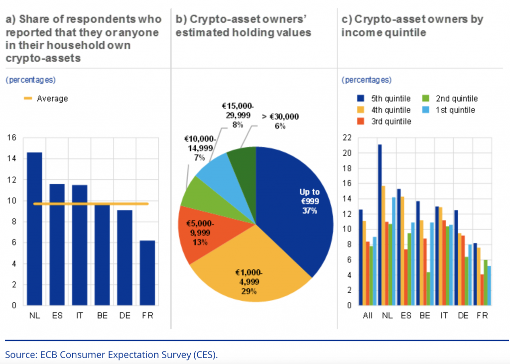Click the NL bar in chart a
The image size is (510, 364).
click(34, 229)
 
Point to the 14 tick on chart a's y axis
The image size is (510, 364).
click(11, 159)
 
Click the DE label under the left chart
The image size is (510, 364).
click(125, 315)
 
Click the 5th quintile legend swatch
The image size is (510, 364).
click(362, 99)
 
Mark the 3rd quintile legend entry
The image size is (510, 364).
click(389, 121)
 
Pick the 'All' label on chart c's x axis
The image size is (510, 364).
click(368, 316)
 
